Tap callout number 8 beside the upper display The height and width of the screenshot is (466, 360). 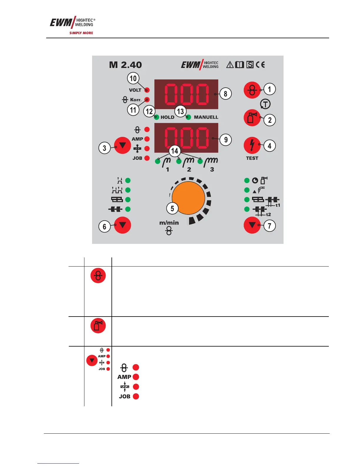pyautogui.click(x=226, y=94)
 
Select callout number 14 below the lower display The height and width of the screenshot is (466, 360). pyautogui.click(x=175, y=151)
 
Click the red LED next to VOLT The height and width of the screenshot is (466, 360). pyautogui.click(x=147, y=90)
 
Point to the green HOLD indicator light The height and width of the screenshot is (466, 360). pyautogui.click(x=157, y=117)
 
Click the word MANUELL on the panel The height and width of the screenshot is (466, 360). pyautogui.click(x=206, y=117)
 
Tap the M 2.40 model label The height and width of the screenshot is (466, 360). pyautogui.click(x=125, y=65)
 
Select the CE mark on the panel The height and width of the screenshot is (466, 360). pyautogui.click(x=260, y=65)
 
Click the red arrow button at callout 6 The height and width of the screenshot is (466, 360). pyautogui.click(x=122, y=225)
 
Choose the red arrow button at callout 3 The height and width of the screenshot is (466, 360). pyautogui.click(x=122, y=145)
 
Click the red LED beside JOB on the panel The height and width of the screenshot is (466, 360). pyautogui.click(x=147, y=158)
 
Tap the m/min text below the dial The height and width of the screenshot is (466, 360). pyautogui.click(x=169, y=223)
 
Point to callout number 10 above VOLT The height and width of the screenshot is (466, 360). pyautogui.click(x=133, y=78)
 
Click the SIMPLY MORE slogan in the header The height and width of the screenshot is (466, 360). pyautogui.click(x=81, y=33)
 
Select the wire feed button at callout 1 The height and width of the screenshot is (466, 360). pyautogui.click(x=252, y=90)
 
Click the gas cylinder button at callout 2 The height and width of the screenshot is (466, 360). pyautogui.click(x=252, y=118)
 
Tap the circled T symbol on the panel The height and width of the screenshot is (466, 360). pyautogui.click(x=265, y=104)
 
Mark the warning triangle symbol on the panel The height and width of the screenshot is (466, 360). pyautogui.click(x=230, y=65)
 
